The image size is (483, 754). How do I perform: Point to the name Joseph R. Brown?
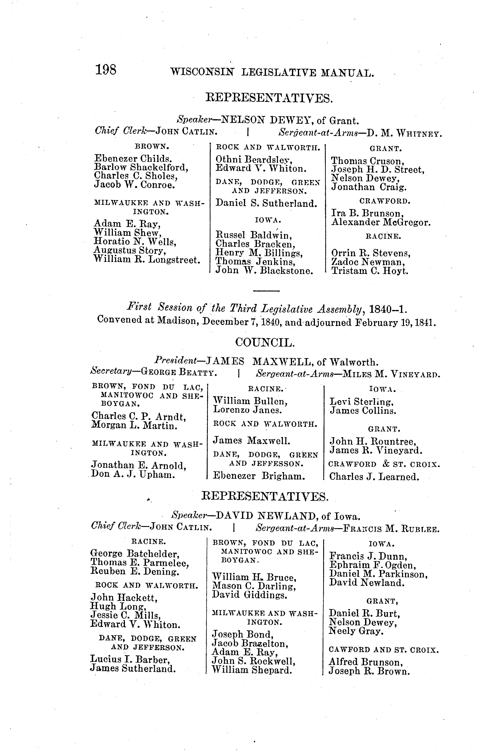[x=369, y=671]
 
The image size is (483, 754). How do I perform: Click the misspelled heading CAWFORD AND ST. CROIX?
[x=383, y=650]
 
